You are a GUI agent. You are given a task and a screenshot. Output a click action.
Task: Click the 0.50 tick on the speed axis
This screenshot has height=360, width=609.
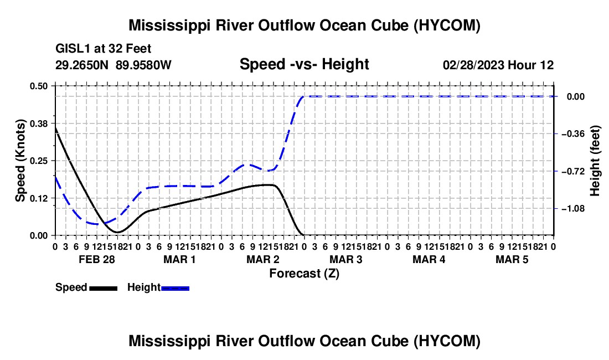click(38, 86)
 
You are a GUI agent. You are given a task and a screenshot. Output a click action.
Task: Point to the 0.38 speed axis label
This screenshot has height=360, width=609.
click(38, 124)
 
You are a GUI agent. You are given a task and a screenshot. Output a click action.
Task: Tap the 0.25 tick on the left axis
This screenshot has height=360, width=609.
click(38, 161)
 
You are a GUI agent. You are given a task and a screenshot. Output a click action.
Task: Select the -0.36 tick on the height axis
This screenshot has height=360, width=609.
click(573, 134)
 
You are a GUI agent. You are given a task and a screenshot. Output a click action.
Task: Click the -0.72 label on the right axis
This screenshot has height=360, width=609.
click(573, 171)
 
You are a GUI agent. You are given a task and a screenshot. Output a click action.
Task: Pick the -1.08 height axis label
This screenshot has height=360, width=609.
click(573, 209)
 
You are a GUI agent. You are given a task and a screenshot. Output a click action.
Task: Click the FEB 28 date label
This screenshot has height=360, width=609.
click(97, 259)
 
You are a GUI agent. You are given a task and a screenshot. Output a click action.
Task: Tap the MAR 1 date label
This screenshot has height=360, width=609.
click(179, 259)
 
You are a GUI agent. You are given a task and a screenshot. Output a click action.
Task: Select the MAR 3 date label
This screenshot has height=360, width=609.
click(345, 259)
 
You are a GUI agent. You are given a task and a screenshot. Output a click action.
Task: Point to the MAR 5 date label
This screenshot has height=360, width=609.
click(512, 259)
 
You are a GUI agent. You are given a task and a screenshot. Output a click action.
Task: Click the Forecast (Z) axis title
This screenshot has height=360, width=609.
click(304, 274)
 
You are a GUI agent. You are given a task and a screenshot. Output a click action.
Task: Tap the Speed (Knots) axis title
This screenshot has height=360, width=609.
click(20, 161)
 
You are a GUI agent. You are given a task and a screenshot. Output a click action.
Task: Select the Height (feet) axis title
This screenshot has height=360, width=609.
click(595, 161)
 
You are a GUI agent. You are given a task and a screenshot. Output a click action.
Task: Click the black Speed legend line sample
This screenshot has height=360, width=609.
click(104, 288)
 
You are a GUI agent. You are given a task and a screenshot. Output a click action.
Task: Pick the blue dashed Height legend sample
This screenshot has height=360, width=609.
click(175, 288)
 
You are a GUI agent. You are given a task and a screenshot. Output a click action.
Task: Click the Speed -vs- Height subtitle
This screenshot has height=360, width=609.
click(304, 64)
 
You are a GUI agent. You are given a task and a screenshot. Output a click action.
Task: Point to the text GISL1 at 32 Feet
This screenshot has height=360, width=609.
click(104, 49)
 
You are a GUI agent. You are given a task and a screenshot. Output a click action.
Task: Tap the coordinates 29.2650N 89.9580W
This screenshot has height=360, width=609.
click(113, 65)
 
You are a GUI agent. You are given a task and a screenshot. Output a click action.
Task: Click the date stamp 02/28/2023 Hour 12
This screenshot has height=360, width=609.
click(498, 65)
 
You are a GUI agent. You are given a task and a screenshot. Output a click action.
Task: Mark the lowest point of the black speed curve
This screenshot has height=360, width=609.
click(117, 232)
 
